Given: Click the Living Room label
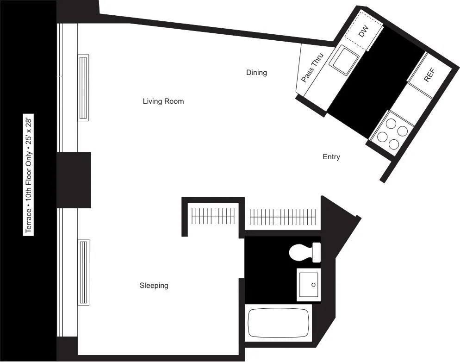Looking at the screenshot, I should coord(163,101).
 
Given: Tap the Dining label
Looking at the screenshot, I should coord(256,73).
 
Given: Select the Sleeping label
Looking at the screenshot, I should coord(154,286).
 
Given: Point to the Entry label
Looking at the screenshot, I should coord(331,157).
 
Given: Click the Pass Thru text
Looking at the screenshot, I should coord(312,68).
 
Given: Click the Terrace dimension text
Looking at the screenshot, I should coord(29,176).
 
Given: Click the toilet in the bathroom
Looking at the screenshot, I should coord(304,252).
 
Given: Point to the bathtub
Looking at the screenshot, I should coord(278,323).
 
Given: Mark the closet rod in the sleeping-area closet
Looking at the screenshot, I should coord(213,215).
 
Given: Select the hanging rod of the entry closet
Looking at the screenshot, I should coord(283,216).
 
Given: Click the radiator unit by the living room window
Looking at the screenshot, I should coord(83,88).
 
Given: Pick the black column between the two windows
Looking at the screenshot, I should coord(74,180).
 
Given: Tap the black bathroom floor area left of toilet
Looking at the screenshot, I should coord(266,268).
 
